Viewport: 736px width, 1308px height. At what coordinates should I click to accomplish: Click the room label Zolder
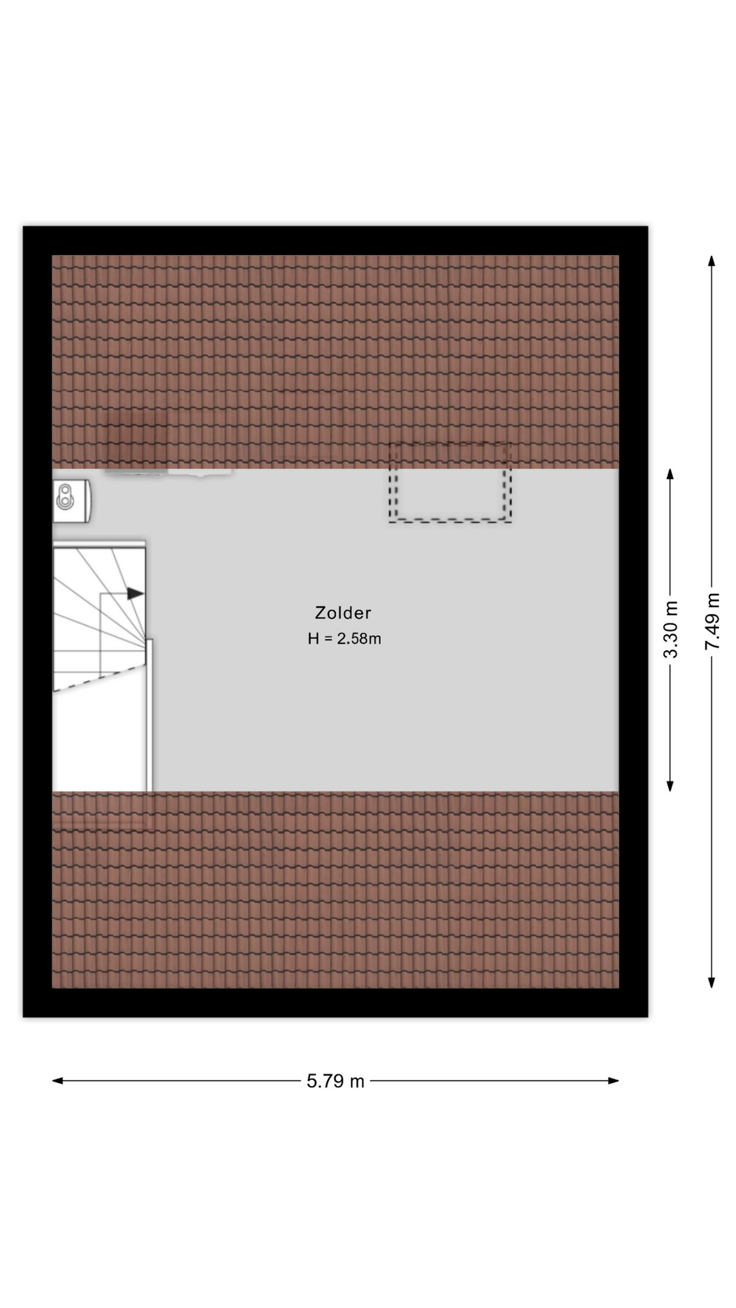(343, 612)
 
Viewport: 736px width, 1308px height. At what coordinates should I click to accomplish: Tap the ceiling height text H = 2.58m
(344, 638)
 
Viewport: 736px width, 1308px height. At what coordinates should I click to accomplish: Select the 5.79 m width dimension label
(335, 1080)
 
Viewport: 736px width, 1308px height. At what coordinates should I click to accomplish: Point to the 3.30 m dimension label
(671, 629)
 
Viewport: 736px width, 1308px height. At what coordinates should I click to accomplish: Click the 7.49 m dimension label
(712, 621)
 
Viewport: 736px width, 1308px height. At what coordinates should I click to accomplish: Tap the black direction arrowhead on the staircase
(136, 593)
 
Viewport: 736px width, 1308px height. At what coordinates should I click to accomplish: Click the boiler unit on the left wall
(72, 501)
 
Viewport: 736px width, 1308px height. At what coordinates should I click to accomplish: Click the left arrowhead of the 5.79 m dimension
(58, 1080)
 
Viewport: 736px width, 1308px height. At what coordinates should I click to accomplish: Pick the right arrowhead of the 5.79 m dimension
(613, 1080)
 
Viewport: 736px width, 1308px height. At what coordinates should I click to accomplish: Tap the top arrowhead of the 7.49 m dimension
(711, 261)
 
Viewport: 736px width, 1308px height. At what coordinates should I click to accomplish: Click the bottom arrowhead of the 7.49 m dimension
(711, 982)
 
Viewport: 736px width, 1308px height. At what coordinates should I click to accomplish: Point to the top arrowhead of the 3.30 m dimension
(670, 474)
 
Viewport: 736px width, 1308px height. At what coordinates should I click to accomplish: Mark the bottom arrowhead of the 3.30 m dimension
(670, 785)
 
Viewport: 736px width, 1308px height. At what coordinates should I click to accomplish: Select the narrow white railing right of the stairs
(149, 715)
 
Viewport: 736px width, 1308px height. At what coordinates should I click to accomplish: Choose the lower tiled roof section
(335, 890)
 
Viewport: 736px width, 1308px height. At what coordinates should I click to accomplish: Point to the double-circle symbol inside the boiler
(65, 497)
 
